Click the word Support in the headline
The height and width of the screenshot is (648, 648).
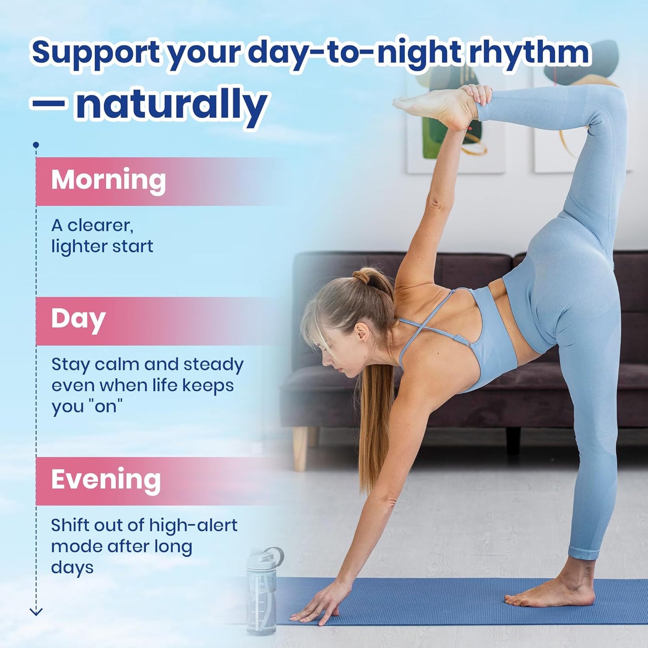[x=96, y=53]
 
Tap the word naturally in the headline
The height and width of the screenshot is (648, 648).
[x=172, y=104]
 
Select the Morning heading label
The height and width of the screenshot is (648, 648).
[x=108, y=180]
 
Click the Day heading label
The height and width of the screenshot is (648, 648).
[x=78, y=319]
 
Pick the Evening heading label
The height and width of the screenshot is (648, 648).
[x=106, y=479]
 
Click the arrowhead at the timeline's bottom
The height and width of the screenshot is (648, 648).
[x=36, y=611]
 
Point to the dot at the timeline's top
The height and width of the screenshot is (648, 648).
[x=36, y=145]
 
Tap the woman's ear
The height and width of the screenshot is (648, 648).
[x=362, y=332]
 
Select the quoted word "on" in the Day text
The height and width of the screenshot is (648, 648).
[x=106, y=406]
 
